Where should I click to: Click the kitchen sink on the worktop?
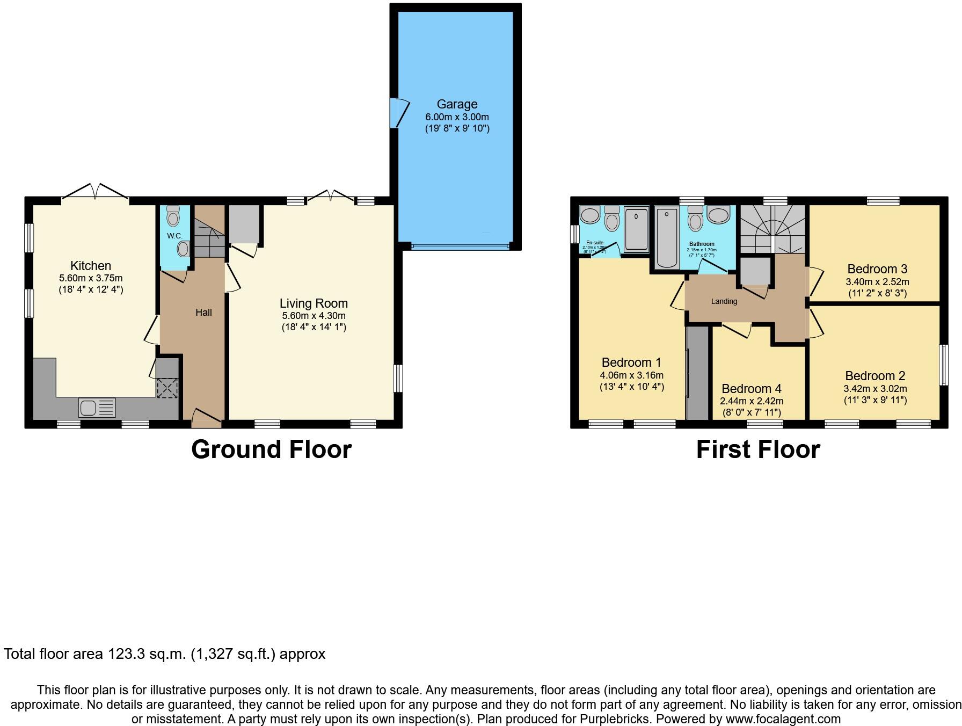tap(97, 408)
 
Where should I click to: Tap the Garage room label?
tap(457, 104)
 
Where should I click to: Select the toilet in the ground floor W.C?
tap(173, 216)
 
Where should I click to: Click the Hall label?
tap(203, 313)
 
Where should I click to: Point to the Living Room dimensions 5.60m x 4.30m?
tap(314, 316)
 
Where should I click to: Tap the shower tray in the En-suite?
tap(637, 230)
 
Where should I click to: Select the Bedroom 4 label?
tap(751, 389)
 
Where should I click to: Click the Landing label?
tap(724, 301)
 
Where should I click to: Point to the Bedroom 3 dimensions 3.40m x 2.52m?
tap(877, 282)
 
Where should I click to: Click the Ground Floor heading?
tap(271, 449)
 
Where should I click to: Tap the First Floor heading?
tap(757, 449)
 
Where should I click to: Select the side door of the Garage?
tap(398, 113)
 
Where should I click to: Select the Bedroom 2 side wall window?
tap(943, 365)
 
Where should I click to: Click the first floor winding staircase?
tap(772, 230)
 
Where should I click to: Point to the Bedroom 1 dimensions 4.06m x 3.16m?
tap(631, 375)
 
